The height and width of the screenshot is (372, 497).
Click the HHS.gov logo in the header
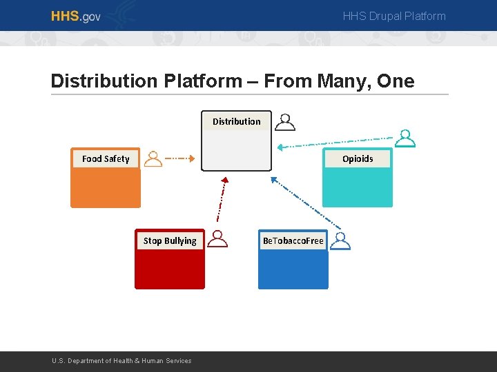(75, 16)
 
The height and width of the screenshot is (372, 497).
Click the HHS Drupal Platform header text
(394, 16)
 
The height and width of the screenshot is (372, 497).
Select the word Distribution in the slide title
(104, 81)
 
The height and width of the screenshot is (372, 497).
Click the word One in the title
(396, 81)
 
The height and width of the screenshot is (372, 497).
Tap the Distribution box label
(236, 121)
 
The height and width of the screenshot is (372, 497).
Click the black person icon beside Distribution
(285, 122)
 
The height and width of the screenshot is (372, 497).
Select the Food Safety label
(106, 158)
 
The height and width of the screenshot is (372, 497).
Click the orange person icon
(153, 159)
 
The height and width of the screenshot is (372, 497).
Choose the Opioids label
(358, 158)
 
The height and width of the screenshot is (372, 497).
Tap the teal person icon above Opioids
(407, 138)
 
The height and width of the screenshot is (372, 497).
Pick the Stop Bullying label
(170, 240)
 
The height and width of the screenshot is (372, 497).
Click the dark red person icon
(218, 239)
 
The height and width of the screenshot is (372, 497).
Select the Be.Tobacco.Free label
(293, 240)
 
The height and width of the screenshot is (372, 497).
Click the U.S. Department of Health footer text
(122, 361)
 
